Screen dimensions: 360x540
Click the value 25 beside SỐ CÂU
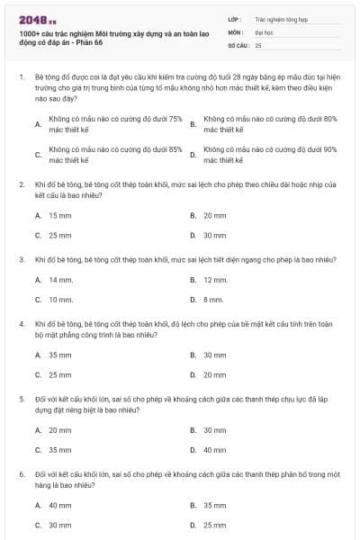pyautogui.click(x=259, y=44)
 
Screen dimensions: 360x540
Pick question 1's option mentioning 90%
pyautogui.click(x=270, y=155)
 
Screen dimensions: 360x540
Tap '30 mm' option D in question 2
pyautogui.click(x=214, y=236)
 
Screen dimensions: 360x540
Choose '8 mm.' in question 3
pyautogui.click(x=213, y=300)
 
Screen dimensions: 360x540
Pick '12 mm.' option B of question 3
pyautogui.click(x=215, y=280)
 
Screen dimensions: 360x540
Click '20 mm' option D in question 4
pyautogui.click(x=214, y=374)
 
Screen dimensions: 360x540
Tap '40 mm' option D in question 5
pyautogui.click(x=214, y=449)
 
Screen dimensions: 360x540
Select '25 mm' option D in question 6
pyautogui.click(x=214, y=525)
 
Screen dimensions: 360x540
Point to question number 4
pyautogui.click(x=22, y=321)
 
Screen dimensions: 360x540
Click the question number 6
pyautogui.click(x=22, y=472)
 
